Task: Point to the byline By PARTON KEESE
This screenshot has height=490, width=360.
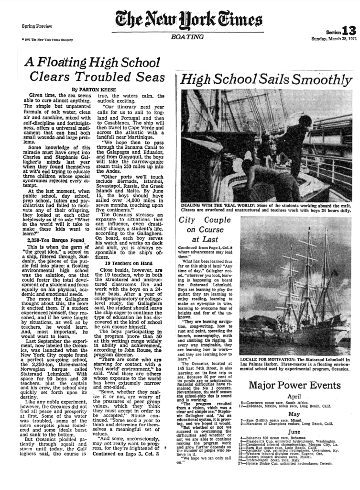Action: tap(93, 89)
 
